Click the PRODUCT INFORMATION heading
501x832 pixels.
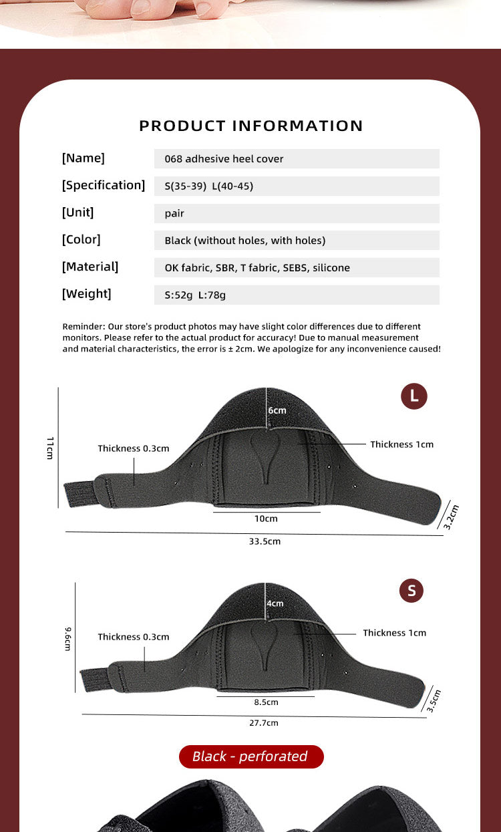[251, 126]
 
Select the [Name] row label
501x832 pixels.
[83, 158]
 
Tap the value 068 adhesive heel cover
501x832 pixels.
[224, 159]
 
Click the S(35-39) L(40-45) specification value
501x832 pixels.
[208, 186]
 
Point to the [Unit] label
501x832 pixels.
[78, 213]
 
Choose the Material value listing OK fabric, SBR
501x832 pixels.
[257, 268]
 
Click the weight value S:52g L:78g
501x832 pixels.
[200, 295]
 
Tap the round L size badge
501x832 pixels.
[413, 396]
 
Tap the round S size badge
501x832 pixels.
[411, 591]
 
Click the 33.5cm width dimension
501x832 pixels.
[265, 541]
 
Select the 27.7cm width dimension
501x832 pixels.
[264, 723]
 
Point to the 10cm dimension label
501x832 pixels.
[266, 519]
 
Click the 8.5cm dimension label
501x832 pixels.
[266, 702]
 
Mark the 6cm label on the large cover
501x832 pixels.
[277, 410]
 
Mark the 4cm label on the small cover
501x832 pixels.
[275, 603]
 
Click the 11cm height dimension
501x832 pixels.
[50, 447]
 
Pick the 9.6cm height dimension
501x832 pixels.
[68, 639]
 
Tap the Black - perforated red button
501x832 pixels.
[251, 756]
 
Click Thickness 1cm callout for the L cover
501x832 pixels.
[401, 444]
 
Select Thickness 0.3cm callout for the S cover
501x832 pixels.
[134, 637]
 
